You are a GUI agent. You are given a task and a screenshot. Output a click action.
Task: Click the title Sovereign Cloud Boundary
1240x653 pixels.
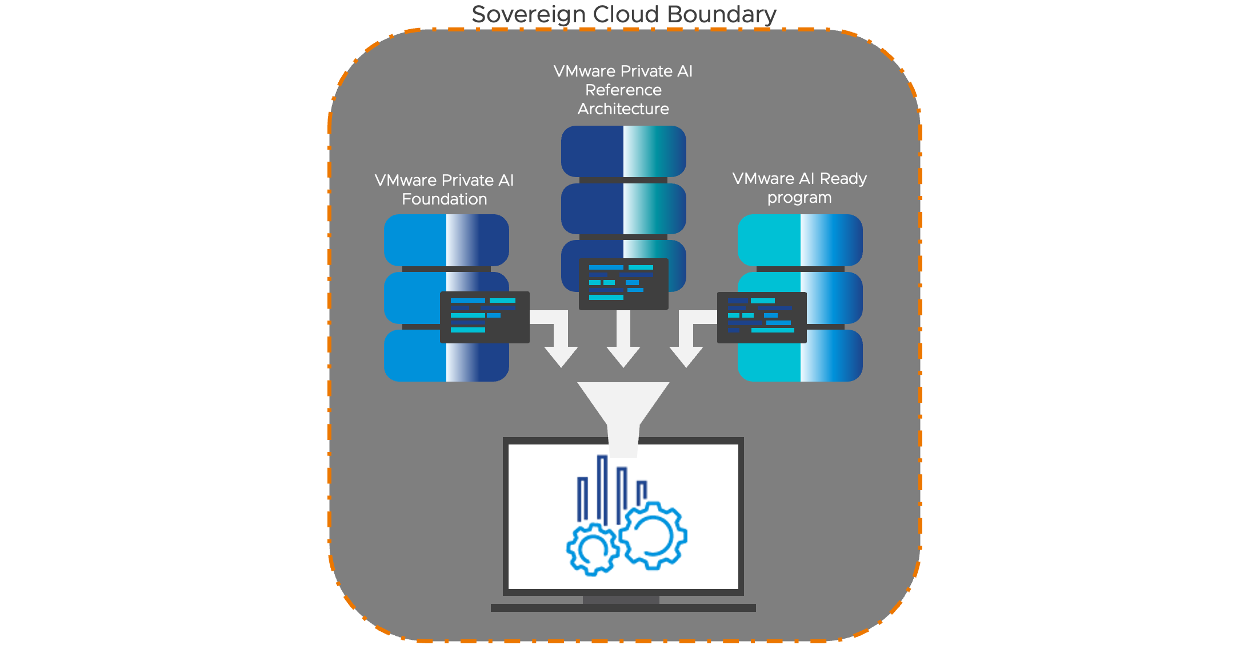623,14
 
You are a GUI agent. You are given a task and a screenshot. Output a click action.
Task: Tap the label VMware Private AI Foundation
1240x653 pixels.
444,190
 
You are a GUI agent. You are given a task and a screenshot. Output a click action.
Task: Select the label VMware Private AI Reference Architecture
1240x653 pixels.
623,90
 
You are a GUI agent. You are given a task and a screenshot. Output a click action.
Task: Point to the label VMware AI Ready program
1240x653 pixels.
799,188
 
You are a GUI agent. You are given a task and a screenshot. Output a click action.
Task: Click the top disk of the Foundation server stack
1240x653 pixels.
446,240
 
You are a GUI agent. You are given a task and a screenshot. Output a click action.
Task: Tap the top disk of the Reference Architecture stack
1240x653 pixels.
623,151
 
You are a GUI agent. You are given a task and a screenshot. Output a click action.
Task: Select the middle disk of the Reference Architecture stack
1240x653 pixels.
623,209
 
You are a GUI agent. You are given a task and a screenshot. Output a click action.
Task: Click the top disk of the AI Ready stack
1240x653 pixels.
800,240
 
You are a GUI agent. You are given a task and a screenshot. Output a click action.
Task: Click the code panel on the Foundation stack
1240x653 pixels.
485,317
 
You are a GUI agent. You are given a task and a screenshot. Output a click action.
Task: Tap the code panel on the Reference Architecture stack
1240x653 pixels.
623,284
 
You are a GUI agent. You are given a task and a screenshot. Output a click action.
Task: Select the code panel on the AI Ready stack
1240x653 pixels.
762,317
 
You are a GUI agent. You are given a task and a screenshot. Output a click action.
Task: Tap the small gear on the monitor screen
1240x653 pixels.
593,549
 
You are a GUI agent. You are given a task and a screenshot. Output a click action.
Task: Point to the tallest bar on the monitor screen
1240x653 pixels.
602,488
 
